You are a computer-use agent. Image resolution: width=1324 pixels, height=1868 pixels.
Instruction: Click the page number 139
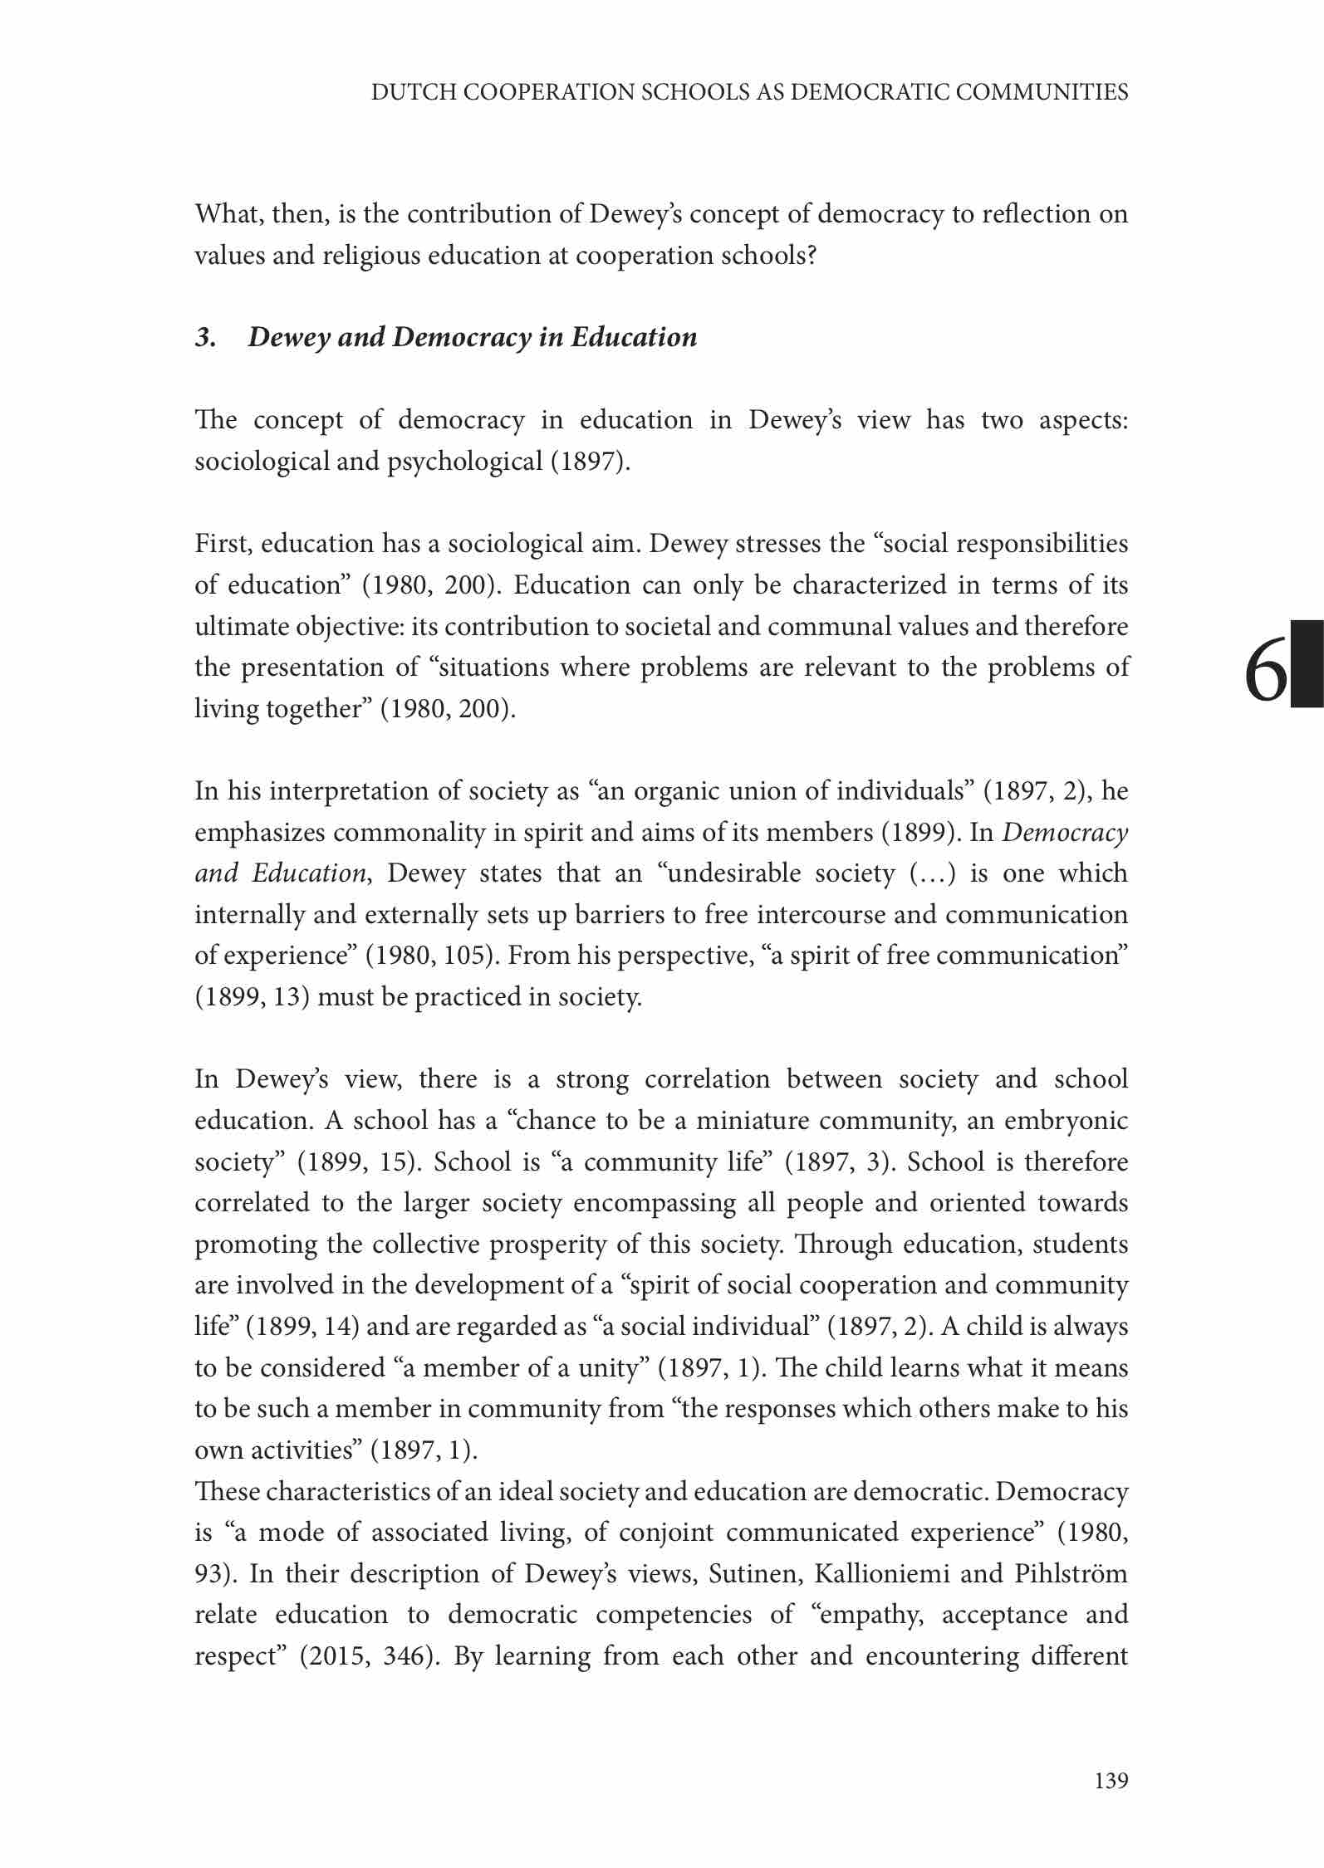pyautogui.click(x=1111, y=1780)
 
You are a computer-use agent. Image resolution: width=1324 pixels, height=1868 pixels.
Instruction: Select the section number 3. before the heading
pyautogui.click(x=205, y=337)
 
